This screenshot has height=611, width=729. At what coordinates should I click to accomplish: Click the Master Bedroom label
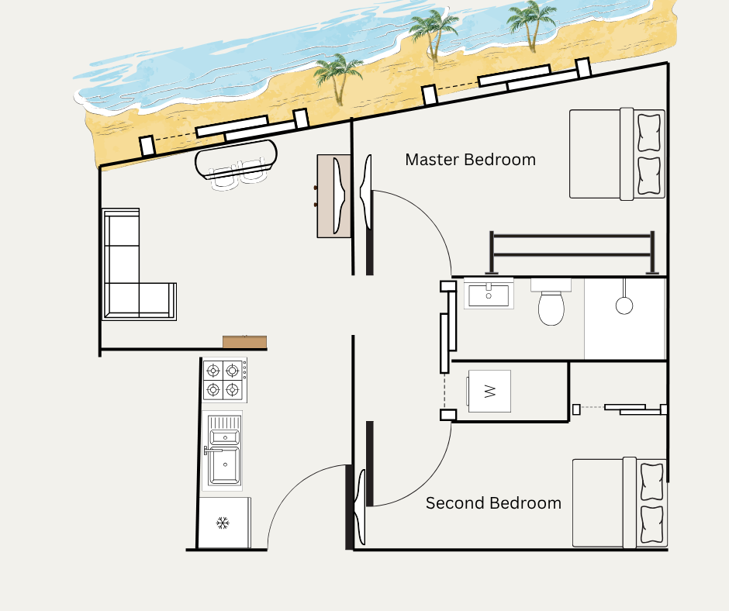470,160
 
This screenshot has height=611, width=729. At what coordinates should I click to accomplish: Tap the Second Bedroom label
493,503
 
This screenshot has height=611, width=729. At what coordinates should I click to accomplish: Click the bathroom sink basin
489,295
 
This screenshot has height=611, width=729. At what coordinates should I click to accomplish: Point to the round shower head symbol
624,305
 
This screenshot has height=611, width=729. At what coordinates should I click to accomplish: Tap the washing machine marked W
489,391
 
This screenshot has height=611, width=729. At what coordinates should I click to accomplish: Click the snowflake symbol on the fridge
223,523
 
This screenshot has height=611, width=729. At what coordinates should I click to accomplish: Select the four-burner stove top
223,380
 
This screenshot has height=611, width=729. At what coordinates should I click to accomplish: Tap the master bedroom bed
617,154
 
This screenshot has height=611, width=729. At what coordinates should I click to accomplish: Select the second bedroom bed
619,502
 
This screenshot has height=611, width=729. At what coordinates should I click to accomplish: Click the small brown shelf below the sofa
244,342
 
